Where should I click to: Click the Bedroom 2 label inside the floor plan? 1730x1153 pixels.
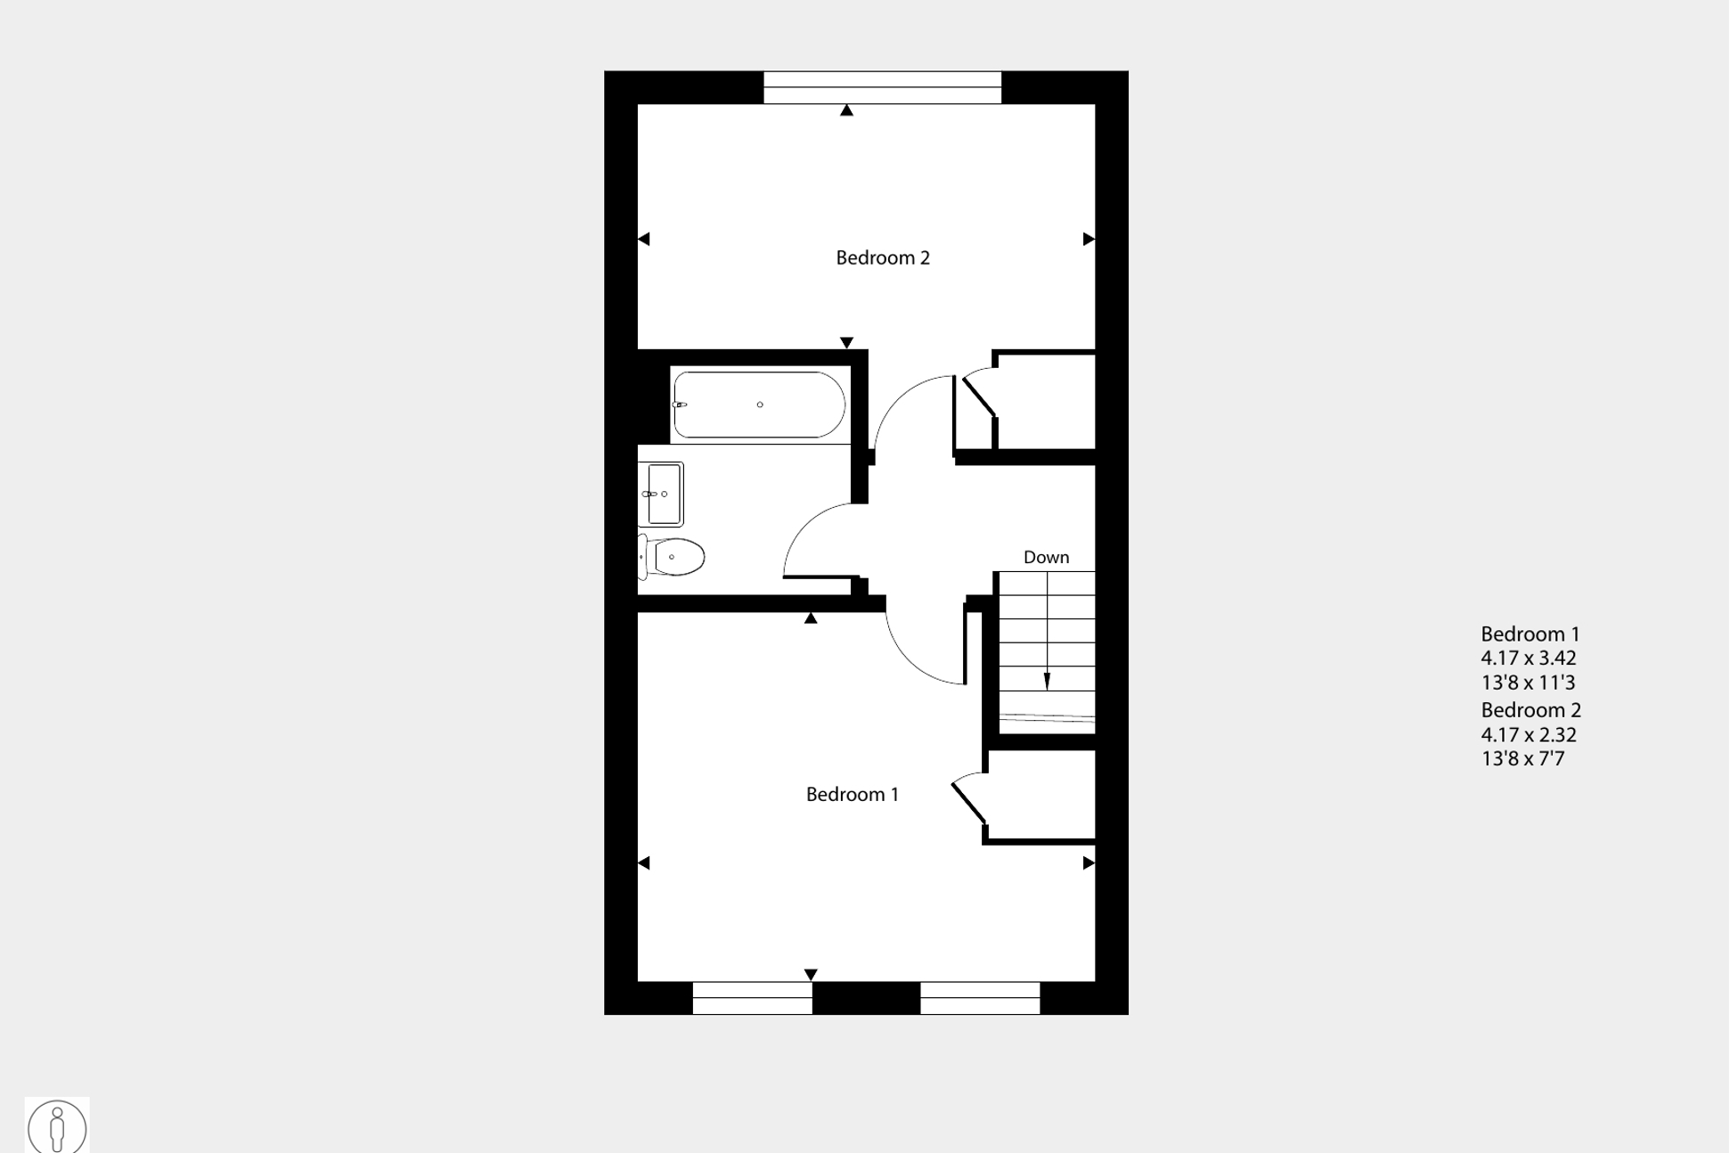pyautogui.click(x=882, y=258)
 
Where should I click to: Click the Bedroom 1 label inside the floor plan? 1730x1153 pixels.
pyautogui.click(x=852, y=794)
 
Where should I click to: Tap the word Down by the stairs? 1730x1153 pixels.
pyautogui.click(x=1046, y=557)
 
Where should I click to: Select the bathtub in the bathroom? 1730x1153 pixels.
pyautogui.click(x=759, y=405)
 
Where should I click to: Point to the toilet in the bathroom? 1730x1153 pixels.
pyautogui.click(x=673, y=557)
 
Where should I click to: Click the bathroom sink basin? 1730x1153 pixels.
pyautogui.click(x=663, y=494)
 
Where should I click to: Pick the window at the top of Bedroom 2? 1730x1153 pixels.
pyautogui.click(x=882, y=87)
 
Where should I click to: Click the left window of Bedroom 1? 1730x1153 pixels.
pyautogui.click(x=752, y=998)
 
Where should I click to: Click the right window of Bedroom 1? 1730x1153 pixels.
pyautogui.click(x=979, y=998)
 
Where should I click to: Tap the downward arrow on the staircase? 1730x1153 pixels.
pyautogui.click(x=1047, y=681)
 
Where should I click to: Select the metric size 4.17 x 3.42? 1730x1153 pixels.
pyautogui.click(x=1528, y=658)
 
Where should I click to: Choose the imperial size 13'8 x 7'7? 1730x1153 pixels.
pyautogui.click(x=1522, y=759)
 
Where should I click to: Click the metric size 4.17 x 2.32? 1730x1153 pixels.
pyautogui.click(x=1528, y=735)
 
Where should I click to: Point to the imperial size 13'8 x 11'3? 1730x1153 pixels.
pyautogui.click(x=1527, y=683)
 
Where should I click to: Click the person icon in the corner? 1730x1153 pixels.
pyautogui.click(x=57, y=1127)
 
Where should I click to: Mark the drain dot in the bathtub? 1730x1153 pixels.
pyautogui.click(x=760, y=405)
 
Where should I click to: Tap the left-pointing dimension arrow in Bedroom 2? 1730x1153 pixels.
pyautogui.click(x=644, y=239)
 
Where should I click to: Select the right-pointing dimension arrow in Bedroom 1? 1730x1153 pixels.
pyautogui.click(x=1089, y=863)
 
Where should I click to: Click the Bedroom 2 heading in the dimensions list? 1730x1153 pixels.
pyautogui.click(x=1530, y=710)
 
